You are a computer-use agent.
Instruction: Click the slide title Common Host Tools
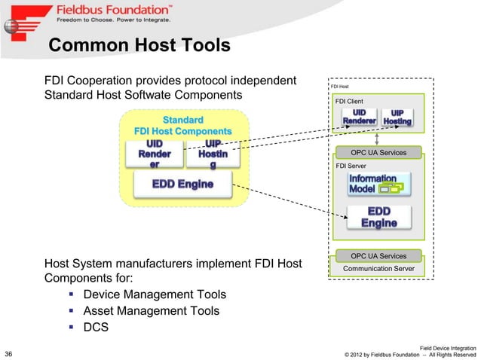[x=139, y=47]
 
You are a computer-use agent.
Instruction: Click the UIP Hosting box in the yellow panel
[x=213, y=153]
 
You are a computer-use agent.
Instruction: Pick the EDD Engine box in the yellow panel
[x=182, y=184]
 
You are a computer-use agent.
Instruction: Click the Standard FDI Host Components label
[x=182, y=126]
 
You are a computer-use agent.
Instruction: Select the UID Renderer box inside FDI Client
[x=359, y=117]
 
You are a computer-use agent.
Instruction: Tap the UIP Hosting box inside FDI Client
[x=397, y=117]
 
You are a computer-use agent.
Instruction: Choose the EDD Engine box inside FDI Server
[x=378, y=217]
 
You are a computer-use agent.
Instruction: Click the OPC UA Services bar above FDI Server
[x=378, y=153]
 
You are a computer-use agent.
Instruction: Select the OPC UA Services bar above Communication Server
[x=378, y=256]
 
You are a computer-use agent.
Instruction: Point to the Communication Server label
[x=378, y=267]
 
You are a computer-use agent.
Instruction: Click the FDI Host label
[x=344, y=87]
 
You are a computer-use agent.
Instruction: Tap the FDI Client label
[x=349, y=100]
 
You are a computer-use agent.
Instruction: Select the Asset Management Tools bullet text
[x=151, y=311]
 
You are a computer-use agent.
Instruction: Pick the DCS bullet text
[x=96, y=328]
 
